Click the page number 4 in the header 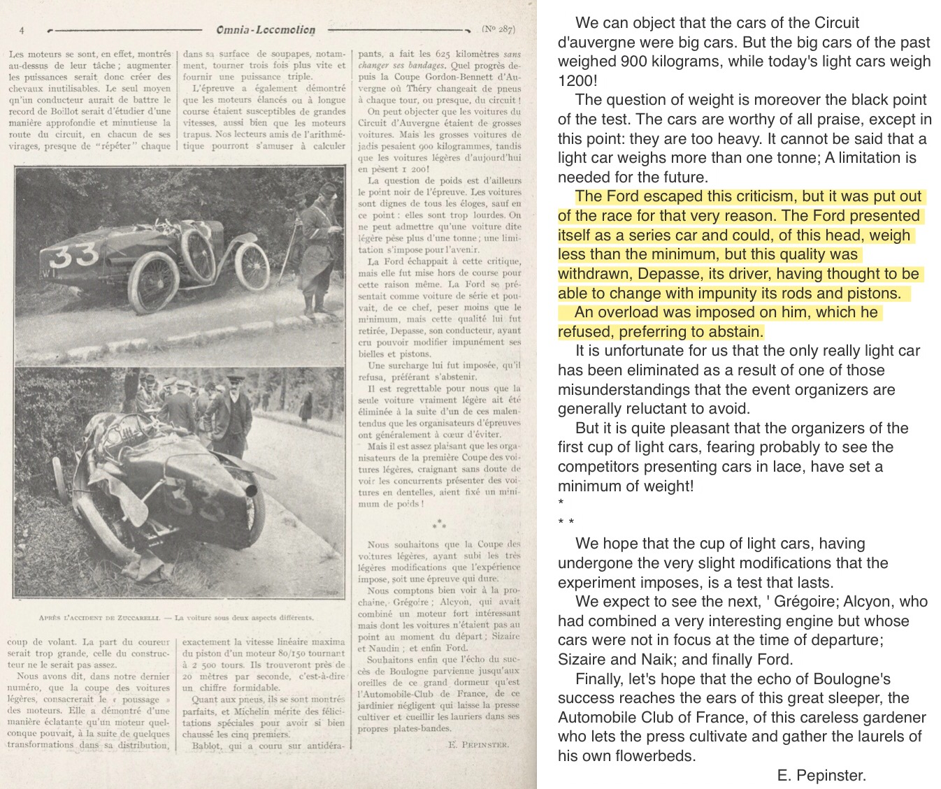click(x=22, y=30)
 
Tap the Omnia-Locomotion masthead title click(x=266, y=30)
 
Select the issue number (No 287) click(x=498, y=29)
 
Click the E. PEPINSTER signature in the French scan click(x=478, y=745)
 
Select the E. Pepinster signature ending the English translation click(x=821, y=774)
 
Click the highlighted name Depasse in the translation click(x=652, y=274)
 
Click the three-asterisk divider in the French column click(x=439, y=523)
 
